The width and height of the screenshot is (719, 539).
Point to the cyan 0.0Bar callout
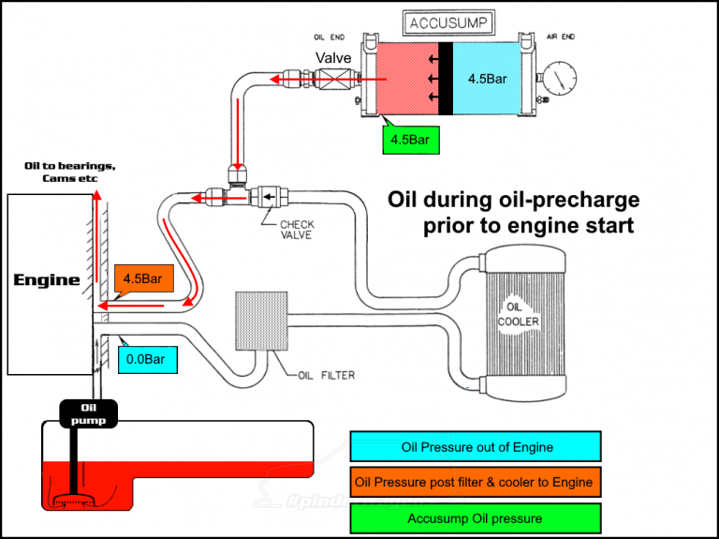click(x=148, y=358)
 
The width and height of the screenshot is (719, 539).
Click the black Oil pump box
click(x=89, y=413)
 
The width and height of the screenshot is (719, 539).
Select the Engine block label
click(x=46, y=279)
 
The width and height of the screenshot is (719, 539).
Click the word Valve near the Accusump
click(x=333, y=58)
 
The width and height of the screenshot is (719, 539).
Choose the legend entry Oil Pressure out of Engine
click(x=475, y=447)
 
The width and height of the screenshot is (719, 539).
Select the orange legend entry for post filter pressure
click(x=475, y=482)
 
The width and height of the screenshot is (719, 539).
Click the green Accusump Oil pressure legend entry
click(x=475, y=517)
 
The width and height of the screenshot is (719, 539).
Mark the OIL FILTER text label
click(x=325, y=377)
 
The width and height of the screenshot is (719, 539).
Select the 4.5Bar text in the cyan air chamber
click(x=487, y=79)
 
